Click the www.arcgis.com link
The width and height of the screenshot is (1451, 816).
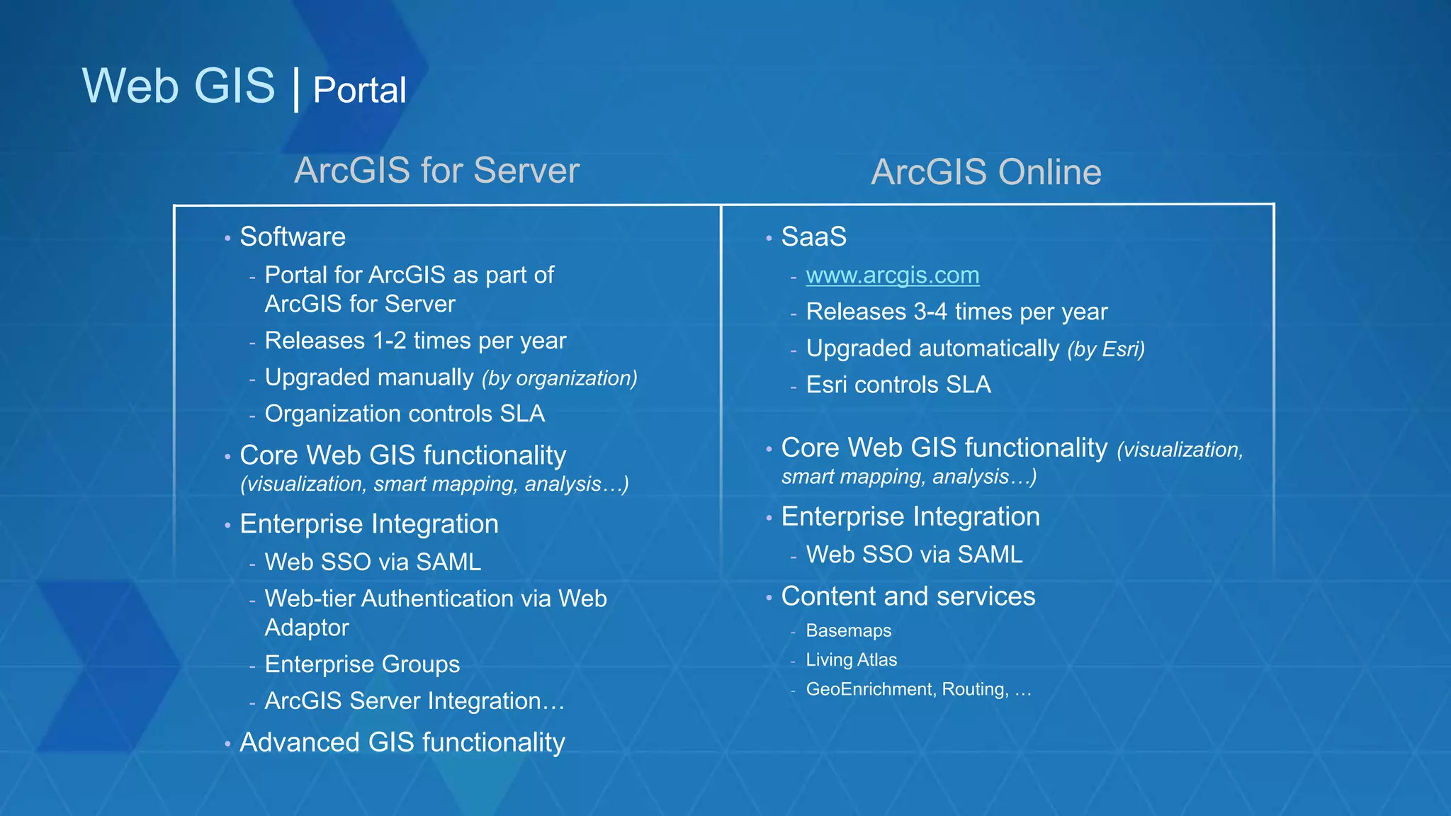892,275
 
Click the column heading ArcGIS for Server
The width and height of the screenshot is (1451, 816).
436,171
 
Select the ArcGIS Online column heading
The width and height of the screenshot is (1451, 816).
986,172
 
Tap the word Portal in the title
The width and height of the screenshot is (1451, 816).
359,91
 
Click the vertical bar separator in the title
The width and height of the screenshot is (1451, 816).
295,89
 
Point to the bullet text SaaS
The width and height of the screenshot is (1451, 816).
813,237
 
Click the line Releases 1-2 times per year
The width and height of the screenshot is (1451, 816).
415,341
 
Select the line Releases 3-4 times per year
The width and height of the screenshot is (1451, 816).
956,312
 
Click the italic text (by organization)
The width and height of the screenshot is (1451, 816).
560,378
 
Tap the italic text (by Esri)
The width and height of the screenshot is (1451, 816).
1106,349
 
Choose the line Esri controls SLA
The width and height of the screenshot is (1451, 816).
898,385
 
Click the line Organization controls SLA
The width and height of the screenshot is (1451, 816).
405,414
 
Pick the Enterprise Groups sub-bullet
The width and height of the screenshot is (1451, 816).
362,664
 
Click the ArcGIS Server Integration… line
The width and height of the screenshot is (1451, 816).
414,701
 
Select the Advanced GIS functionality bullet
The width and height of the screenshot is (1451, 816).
402,742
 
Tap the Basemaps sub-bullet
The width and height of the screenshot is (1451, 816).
848,630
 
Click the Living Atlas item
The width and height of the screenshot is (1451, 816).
851,660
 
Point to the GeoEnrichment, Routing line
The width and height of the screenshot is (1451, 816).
918,689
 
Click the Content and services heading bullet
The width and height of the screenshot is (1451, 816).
908,596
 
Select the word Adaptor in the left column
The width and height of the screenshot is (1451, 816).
307,628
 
